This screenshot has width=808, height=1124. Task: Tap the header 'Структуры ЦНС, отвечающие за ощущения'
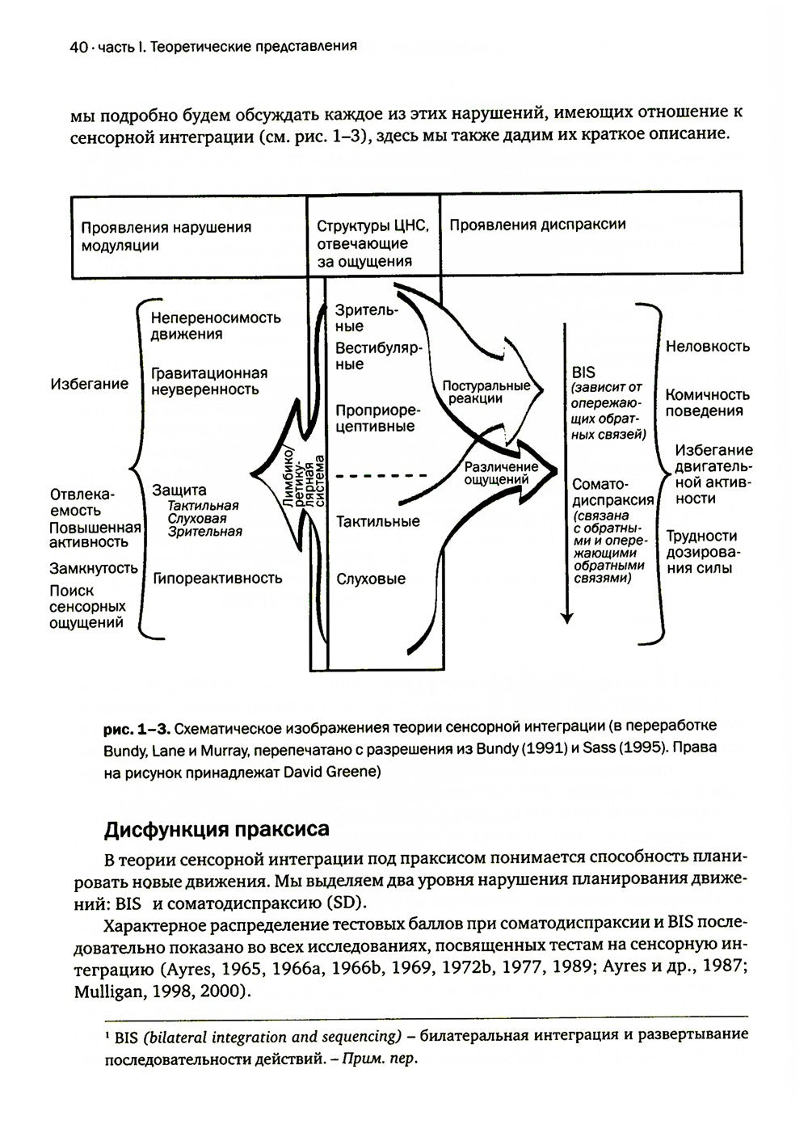[x=374, y=242]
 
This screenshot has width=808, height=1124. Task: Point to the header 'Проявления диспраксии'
[x=537, y=225]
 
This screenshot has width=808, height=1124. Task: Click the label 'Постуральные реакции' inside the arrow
[x=485, y=392]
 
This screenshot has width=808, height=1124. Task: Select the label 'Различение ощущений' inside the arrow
[x=501, y=474]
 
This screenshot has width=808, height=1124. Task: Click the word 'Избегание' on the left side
[x=89, y=384]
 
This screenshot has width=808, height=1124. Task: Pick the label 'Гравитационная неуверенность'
[x=209, y=381]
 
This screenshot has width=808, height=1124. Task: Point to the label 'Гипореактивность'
[x=217, y=578]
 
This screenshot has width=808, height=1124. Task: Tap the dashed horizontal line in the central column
[x=380, y=477]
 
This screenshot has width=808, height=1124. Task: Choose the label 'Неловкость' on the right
[x=708, y=347]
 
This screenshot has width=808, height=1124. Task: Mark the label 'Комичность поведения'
[x=708, y=402]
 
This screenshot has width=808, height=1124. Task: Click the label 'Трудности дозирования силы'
[x=701, y=552]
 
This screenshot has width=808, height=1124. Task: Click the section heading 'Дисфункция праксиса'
[x=217, y=830]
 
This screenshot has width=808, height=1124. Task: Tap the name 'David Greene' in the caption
[x=334, y=772]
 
